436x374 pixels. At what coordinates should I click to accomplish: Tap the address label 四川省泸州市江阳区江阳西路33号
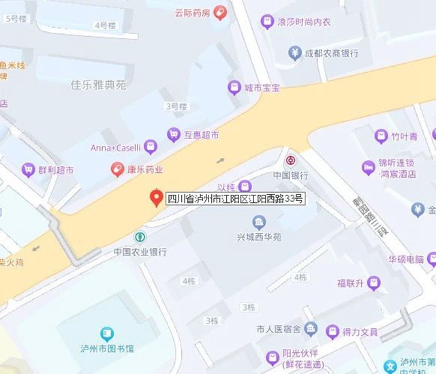tap(236, 199)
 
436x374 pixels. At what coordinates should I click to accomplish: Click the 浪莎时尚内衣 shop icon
tap(268, 22)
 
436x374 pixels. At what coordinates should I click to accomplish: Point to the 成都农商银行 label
tap(332, 52)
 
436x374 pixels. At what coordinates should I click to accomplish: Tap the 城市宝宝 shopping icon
tap(234, 88)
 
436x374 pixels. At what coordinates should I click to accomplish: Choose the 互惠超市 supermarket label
tap(202, 135)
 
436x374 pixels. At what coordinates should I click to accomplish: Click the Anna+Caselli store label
tap(116, 147)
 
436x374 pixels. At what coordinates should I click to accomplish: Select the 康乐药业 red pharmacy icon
tap(118, 169)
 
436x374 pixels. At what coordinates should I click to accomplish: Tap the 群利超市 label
tap(56, 170)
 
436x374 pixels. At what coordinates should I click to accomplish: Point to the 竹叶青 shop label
tap(404, 136)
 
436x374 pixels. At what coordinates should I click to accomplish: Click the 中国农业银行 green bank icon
tap(140, 237)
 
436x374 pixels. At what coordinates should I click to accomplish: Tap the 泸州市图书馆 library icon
tap(107, 334)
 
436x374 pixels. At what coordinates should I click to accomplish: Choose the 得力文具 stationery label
tap(360, 332)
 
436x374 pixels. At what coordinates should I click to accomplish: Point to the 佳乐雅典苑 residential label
tap(99, 85)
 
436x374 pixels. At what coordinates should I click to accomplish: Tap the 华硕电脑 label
tap(406, 260)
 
